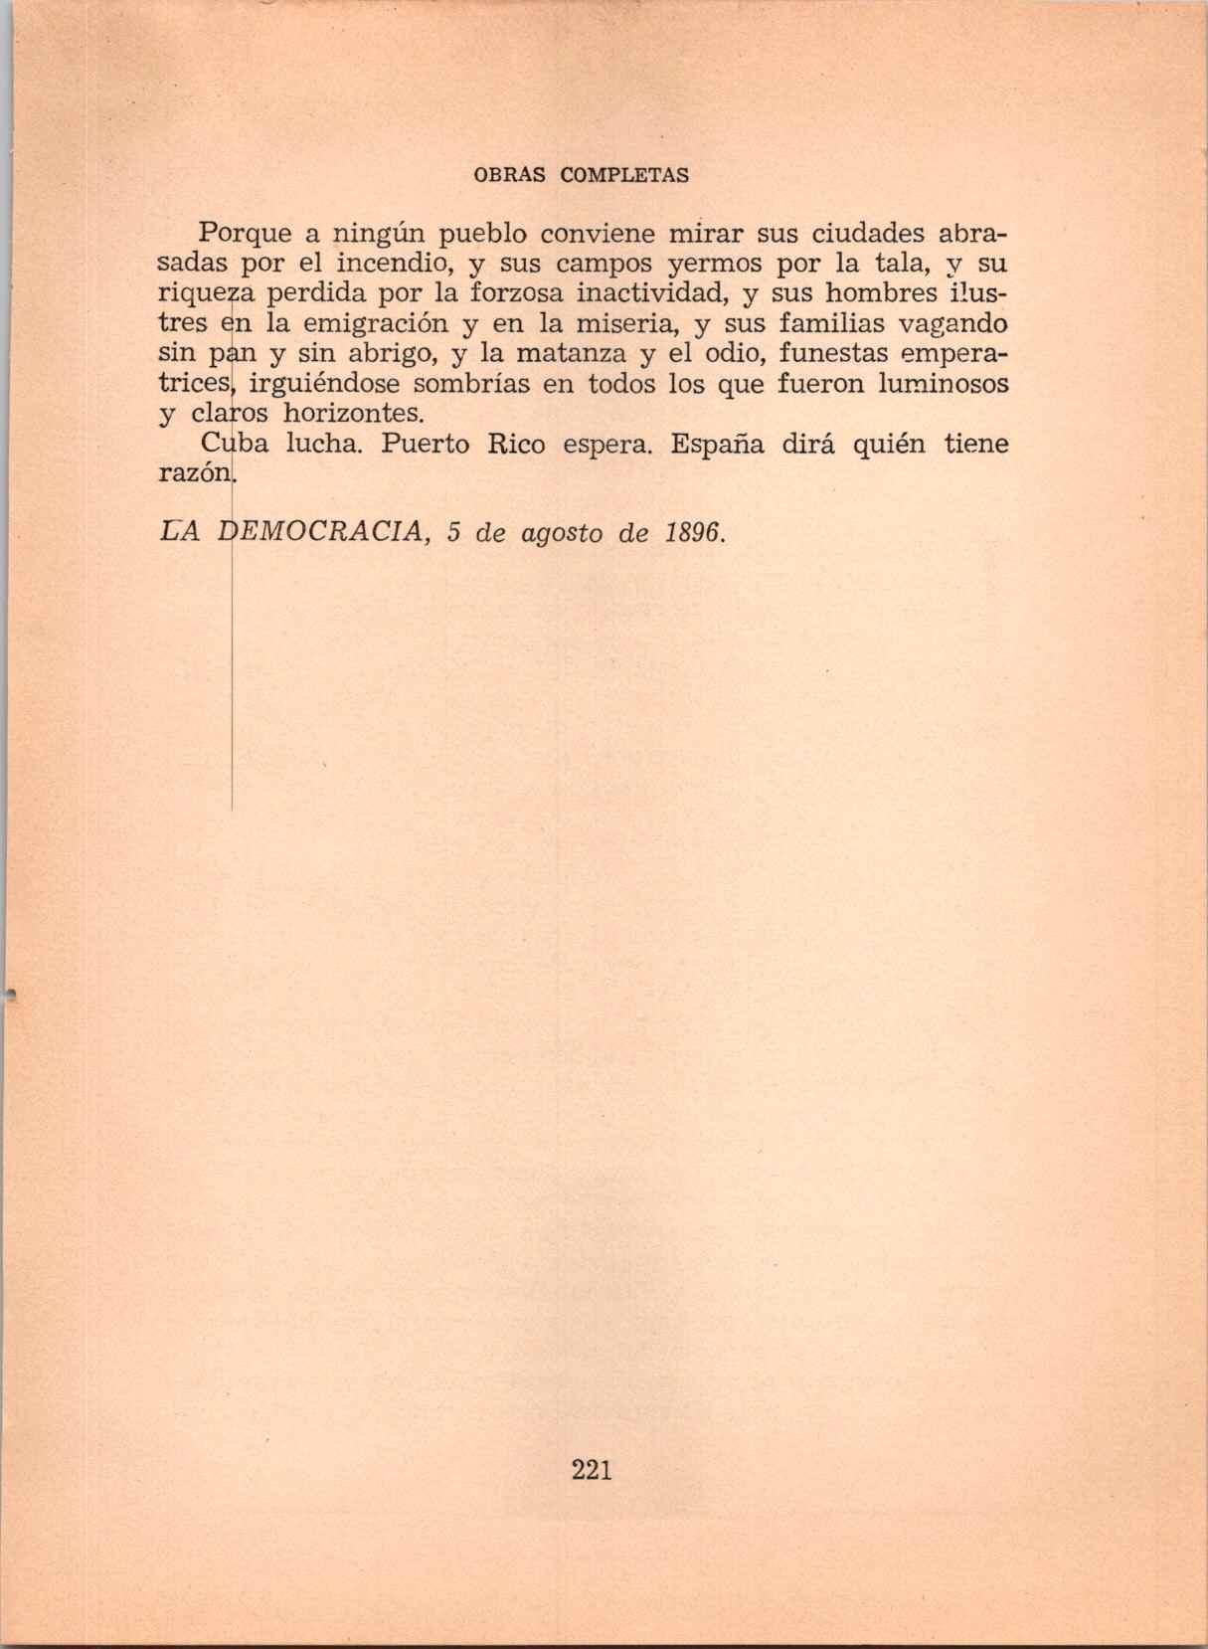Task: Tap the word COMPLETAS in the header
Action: tap(624, 176)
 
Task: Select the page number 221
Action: tap(592, 1470)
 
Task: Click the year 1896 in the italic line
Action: tap(692, 533)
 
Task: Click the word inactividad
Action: tap(652, 294)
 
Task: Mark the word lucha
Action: tap(319, 444)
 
